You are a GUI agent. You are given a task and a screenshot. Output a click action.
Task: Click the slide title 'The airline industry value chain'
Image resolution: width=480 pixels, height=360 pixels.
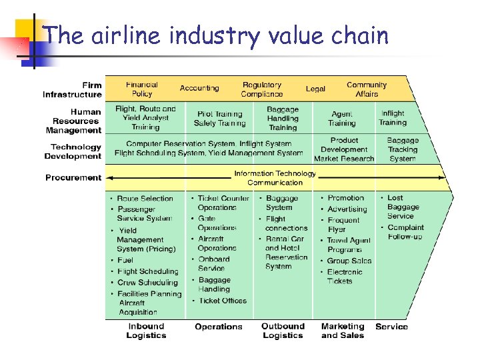[x=215, y=35]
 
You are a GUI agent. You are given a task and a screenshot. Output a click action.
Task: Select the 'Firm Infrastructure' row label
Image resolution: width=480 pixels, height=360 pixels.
[x=73, y=90]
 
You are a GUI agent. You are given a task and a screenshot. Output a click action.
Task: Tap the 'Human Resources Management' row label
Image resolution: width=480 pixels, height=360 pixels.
[x=75, y=121]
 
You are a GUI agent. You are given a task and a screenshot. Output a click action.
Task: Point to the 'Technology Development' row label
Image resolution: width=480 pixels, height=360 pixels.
[x=73, y=152]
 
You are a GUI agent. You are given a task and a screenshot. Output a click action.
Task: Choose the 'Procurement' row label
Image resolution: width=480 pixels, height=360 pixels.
[x=73, y=178]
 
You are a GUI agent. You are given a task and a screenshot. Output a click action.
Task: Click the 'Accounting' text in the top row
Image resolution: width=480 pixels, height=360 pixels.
[x=199, y=88]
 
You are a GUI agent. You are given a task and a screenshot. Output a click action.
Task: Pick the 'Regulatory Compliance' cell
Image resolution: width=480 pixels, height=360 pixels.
[x=262, y=89]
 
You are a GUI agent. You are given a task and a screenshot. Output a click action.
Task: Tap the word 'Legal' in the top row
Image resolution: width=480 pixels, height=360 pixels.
[x=315, y=89]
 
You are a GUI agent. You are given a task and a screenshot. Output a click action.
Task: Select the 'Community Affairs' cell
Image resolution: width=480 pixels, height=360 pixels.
[x=367, y=89]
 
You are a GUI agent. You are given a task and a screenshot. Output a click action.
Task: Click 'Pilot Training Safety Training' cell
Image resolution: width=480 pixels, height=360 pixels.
[x=220, y=119]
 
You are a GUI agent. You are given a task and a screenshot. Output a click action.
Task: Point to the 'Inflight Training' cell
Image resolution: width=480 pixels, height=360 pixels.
[x=393, y=118]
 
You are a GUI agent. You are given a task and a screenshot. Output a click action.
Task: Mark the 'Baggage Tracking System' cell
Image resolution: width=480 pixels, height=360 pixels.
[x=403, y=149]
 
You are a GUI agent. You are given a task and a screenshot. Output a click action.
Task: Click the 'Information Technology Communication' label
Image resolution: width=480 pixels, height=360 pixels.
[x=275, y=178]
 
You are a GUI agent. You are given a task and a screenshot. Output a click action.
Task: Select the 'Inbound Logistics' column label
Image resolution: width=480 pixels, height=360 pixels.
[x=146, y=331]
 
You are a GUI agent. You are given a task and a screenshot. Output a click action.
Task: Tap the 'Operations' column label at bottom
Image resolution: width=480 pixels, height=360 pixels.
[x=219, y=327]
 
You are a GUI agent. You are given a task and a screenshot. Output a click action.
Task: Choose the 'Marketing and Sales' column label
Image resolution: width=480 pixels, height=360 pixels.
[x=343, y=331]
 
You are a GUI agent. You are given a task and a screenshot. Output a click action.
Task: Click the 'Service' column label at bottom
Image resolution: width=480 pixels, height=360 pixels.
[x=392, y=327]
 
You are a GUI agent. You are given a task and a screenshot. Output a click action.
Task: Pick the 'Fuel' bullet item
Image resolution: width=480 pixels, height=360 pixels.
[x=125, y=260]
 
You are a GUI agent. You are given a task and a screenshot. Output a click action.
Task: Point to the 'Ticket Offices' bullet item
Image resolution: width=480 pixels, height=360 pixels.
[x=222, y=301]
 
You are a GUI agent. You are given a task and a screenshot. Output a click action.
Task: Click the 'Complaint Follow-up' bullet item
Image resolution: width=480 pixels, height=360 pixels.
[x=405, y=232]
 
